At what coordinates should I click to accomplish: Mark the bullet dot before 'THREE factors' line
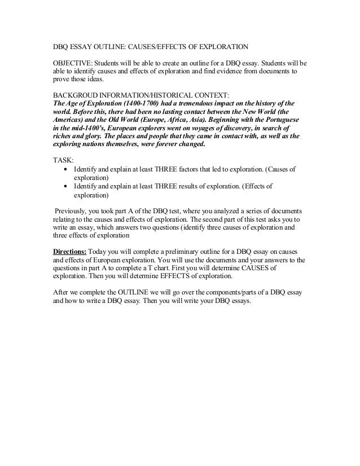click(68, 169)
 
